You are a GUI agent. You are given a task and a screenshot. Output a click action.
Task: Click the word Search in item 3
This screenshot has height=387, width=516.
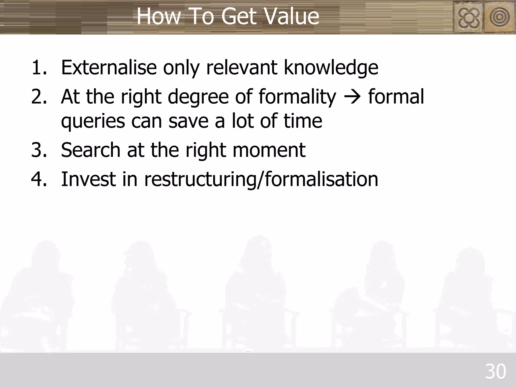[x=91, y=150]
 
